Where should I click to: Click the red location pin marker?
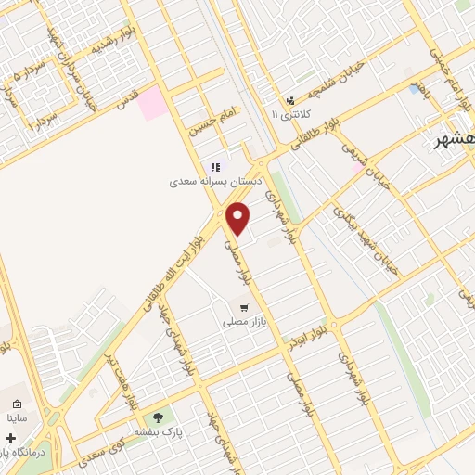238,219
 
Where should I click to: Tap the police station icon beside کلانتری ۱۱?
290,99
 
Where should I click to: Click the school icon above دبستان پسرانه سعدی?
215,168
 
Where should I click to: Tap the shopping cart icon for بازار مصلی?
243,308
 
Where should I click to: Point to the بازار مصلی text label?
243,323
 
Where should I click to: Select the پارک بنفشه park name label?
157,432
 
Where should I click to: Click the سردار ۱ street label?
42,117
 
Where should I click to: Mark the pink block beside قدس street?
154,104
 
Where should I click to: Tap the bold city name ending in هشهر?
455,139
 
